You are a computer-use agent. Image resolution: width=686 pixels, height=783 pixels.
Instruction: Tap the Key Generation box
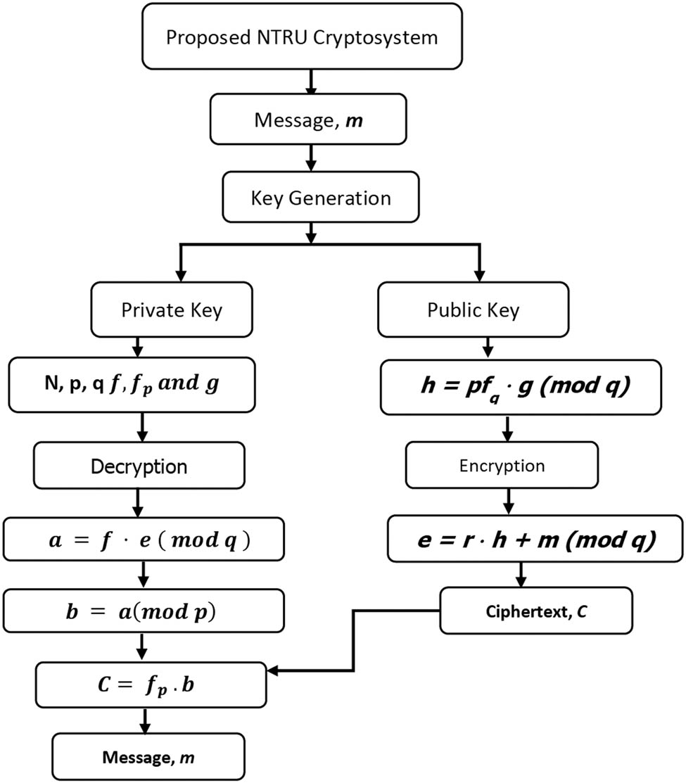(310, 198)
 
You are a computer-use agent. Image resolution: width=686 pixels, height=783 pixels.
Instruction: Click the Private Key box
(172, 310)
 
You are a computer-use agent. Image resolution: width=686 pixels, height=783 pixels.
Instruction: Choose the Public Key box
(473, 310)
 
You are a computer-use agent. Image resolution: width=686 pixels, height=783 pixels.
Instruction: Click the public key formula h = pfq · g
(520, 388)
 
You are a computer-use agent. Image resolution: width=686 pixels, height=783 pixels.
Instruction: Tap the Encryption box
(502, 465)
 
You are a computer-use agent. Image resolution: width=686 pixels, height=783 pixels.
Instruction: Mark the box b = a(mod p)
(144, 612)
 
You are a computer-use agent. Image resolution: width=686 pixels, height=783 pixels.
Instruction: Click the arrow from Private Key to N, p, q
(139, 348)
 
